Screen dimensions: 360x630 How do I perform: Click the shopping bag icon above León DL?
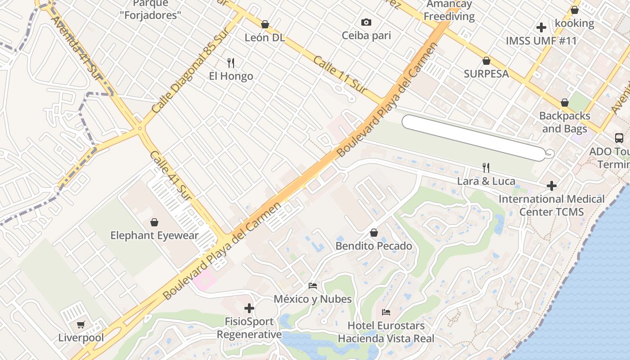[265, 24]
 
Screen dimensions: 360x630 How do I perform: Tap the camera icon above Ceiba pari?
[366, 22]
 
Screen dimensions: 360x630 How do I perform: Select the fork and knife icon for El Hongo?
[231, 63]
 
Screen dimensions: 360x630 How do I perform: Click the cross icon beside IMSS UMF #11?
[541, 27]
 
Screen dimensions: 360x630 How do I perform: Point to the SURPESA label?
[486, 74]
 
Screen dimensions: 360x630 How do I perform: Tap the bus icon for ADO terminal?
[619, 138]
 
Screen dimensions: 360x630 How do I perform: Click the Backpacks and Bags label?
[564, 122]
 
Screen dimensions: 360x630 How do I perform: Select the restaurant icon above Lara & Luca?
[486, 168]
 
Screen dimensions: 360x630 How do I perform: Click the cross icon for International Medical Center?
[552, 185]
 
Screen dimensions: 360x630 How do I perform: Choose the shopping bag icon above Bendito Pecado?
[373, 233]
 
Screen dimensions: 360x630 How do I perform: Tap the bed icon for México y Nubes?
[313, 285]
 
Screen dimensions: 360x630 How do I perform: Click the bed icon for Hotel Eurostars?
[386, 312]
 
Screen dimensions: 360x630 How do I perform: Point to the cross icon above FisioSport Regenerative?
[249, 308]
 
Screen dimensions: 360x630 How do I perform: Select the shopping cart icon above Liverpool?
[81, 324]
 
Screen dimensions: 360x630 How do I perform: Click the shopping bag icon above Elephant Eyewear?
[154, 222]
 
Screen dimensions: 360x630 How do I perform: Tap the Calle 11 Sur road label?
[339, 75]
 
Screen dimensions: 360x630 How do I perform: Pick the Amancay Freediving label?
[449, 10]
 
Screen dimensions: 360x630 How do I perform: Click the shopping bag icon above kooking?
[575, 10]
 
